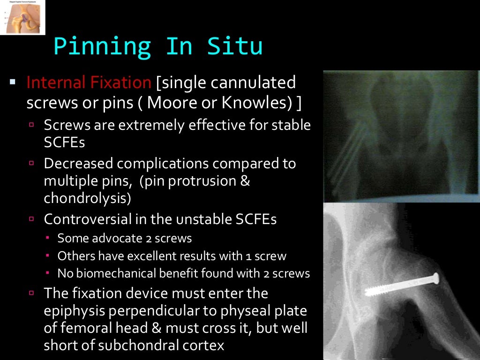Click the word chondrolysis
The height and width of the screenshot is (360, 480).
[87, 198]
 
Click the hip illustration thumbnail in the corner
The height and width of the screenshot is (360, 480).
[22, 17]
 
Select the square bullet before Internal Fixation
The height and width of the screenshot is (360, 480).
[13, 83]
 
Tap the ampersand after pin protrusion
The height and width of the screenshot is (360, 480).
[245, 181]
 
